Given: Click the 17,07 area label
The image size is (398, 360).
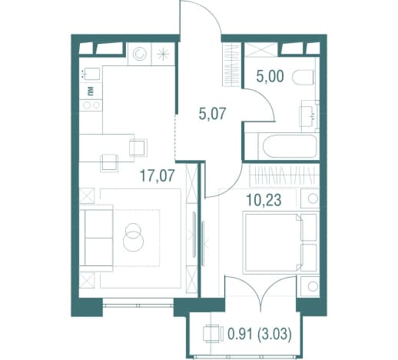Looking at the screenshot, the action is [158, 175].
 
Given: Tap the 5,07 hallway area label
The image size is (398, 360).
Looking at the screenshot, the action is [212, 114].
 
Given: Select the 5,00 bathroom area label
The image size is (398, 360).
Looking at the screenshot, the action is [270, 76].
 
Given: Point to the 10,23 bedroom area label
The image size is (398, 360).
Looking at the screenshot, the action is [264, 200].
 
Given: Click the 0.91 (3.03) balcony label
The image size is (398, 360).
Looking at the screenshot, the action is [260, 334].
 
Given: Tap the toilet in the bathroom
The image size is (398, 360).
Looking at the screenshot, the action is [303, 77].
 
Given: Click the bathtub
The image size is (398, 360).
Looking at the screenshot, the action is [290, 146].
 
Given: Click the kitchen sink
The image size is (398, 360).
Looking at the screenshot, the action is [90, 75].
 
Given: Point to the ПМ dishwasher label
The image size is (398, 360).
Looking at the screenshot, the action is [91, 91].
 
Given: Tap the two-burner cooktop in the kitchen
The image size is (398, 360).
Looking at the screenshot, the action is [91, 105].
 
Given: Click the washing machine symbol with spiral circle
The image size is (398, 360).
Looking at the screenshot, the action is [140, 54].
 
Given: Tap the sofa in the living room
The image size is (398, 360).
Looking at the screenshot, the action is [97, 238].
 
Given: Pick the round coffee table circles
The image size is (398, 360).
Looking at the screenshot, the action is [133, 237].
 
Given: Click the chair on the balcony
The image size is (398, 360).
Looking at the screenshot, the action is [211, 334].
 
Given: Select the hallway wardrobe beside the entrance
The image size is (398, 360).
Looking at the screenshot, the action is [232, 65].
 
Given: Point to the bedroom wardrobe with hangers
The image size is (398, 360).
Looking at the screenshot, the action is [284, 176].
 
